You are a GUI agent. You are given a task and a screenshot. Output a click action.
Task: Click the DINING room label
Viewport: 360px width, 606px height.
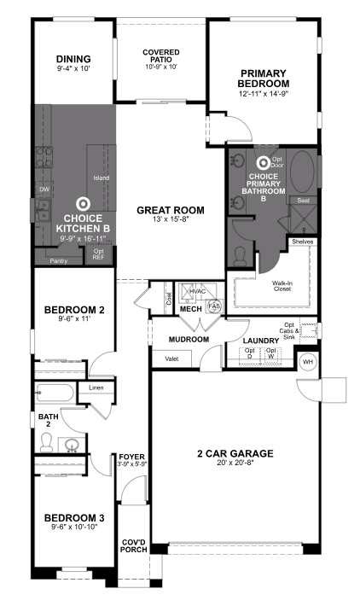pyautogui.click(x=73, y=59)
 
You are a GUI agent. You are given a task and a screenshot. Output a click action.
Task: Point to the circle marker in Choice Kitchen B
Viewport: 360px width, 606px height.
pyautogui.click(x=82, y=203)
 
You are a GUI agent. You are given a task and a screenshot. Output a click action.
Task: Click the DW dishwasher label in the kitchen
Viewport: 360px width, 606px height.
pyautogui.click(x=43, y=189)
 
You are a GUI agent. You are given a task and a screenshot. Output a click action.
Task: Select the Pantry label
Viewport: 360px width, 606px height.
pyautogui.click(x=59, y=260)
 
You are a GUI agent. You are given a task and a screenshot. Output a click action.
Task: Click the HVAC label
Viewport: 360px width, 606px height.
pyautogui.click(x=197, y=290)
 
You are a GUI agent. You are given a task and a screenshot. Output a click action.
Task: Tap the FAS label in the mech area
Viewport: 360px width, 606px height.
pyautogui.click(x=214, y=305)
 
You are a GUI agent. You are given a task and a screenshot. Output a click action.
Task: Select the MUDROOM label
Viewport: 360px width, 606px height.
pyautogui.click(x=189, y=339)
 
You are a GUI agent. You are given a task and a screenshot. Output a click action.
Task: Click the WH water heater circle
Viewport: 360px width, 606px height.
pyautogui.click(x=308, y=361)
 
